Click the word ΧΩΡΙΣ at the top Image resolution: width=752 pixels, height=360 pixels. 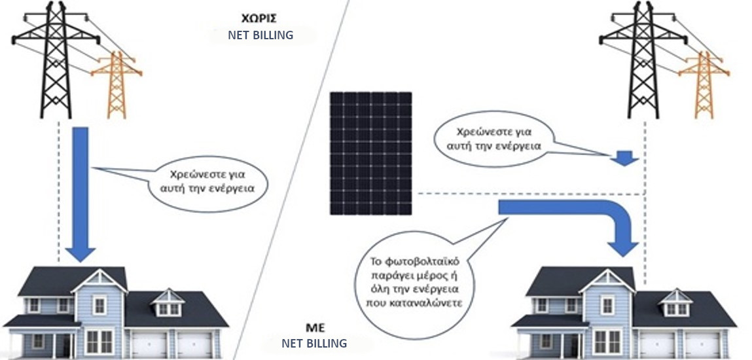click(259, 19)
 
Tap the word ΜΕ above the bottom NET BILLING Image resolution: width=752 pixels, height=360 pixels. click(315, 329)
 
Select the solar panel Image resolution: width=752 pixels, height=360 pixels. click(370, 153)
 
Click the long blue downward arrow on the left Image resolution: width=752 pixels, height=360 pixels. click(80, 194)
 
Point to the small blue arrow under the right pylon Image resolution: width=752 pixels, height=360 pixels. click(625, 158)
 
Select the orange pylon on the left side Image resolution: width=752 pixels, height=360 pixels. click(116, 84)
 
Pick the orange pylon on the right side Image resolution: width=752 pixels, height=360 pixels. click(704, 84)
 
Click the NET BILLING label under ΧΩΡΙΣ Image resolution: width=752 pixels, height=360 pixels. click(260, 35)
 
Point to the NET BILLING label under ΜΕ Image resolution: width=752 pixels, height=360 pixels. click(313, 343)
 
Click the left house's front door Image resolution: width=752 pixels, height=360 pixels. click(63, 345)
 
